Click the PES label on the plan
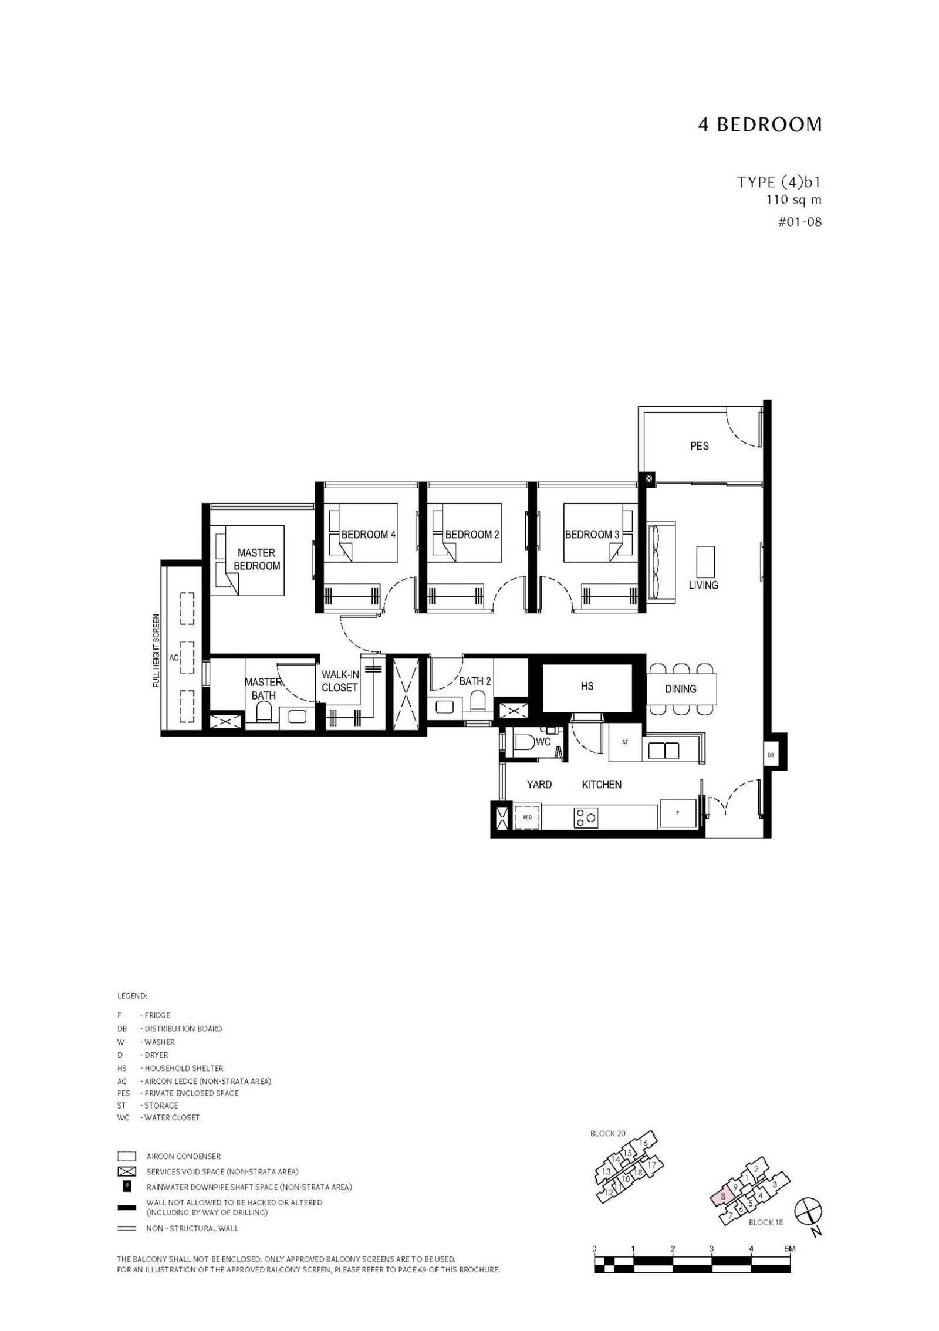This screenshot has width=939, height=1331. pyautogui.click(x=699, y=446)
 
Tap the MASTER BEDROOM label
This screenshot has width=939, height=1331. pyautogui.click(x=256, y=559)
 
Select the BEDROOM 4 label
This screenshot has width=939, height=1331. pyautogui.click(x=368, y=535)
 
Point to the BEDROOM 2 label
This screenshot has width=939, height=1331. pyautogui.click(x=472, y=535)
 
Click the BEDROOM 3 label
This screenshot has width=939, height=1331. pyautogui.click(x=592, y=535)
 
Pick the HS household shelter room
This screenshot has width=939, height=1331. pyautogui.click(x=587, y=686)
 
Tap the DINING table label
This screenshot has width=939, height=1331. pyautogui.click(x=680, y=689)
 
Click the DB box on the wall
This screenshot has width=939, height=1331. pyautogui.click(x=770, y=755)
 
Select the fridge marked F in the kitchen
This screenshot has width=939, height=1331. pyautogui.click(x=677, y=813)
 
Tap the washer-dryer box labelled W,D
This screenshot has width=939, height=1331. pyautogui.click(x=527, y=817)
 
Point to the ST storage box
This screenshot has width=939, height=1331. pyautogui.click(x=625, y=742)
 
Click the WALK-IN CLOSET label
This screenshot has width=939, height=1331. pyautogui.click(x=340, y=681)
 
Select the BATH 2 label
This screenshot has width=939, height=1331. pyautogui.click(x=475, y=681)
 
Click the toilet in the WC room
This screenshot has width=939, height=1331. pyautogui.click(x=526, y=745)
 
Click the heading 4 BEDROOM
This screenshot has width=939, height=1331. pyautogui.click(x=759, y=125)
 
